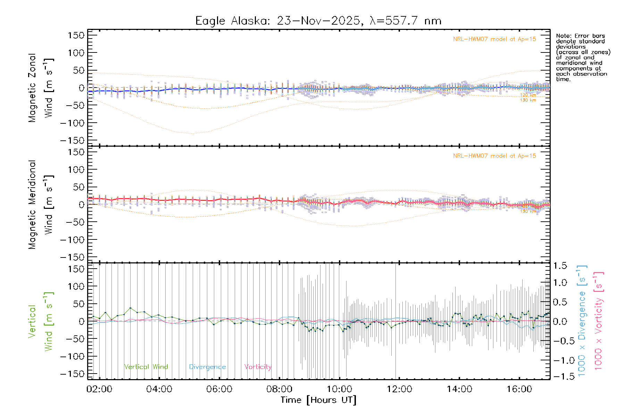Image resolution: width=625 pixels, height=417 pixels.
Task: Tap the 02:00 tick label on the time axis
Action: [x=99, y=389]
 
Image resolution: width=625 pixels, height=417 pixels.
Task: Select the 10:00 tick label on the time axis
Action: [x=339, y=389]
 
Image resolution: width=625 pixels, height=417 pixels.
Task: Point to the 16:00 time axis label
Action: [x=519, y=389]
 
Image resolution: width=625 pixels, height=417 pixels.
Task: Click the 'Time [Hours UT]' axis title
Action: [x=318, y=400]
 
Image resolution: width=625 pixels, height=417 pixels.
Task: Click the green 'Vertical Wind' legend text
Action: [x=146, y=367]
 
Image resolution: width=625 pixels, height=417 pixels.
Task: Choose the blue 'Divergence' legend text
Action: [x=207, y=367]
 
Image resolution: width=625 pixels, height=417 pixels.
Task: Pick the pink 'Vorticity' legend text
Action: [x=258, y=367]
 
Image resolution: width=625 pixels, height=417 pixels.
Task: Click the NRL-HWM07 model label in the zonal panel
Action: [x=494, y=39]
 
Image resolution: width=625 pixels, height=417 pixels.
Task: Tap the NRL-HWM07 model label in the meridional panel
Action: [x=494, y=156]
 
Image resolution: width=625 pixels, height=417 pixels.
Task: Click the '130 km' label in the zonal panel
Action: [x=528, y=100]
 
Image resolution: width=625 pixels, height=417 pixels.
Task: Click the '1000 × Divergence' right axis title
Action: [x=582, y=321]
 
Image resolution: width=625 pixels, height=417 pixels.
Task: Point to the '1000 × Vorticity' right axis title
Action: [x=598, y=321]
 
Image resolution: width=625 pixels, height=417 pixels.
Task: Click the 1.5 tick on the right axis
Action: [x=560, y=266]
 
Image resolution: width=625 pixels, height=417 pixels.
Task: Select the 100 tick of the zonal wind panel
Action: [x=76, y=53]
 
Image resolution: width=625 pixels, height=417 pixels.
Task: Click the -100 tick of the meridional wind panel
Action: [x=73, y=240]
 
